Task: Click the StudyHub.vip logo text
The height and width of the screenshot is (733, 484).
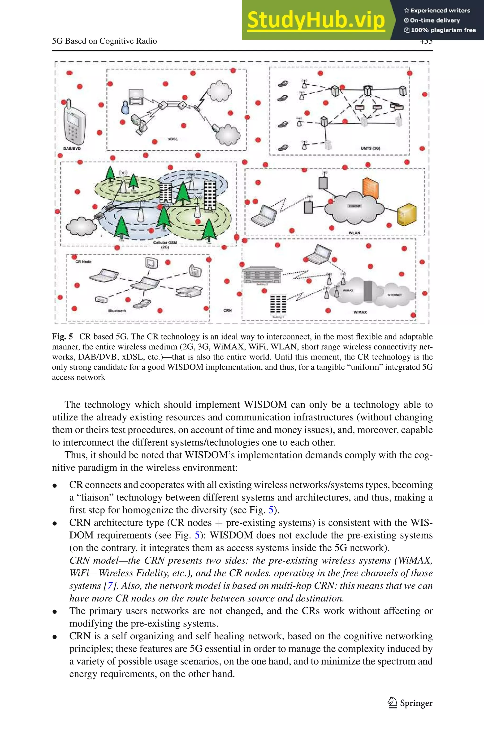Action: tap(316, 20)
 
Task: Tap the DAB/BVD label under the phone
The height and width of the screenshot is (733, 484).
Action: tap(72, 148)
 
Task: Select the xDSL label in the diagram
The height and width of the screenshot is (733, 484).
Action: tap(173, 139)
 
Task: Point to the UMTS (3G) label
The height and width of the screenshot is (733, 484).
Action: tap(370, 148)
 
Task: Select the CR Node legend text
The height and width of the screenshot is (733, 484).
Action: tap(83, 262)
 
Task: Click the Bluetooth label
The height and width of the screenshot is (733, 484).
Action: tap(117, 311)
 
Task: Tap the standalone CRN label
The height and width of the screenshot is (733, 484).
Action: tap(228, 310)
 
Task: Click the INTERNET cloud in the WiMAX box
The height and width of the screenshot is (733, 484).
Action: tap(394, 295)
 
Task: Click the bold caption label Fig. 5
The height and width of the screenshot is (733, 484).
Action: tap(62, 337)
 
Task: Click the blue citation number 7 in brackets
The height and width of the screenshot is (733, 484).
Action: tap(110, 586)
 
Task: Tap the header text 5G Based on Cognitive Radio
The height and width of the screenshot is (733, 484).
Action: tap(104, 41)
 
